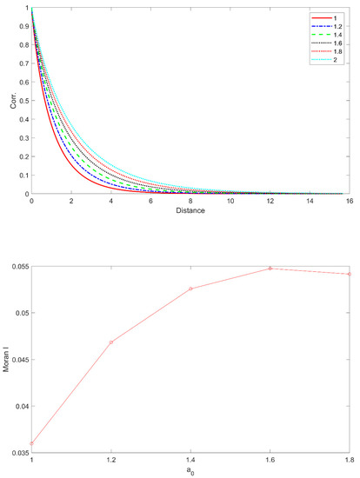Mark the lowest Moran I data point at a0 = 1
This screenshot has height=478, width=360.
tap(31, 443)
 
